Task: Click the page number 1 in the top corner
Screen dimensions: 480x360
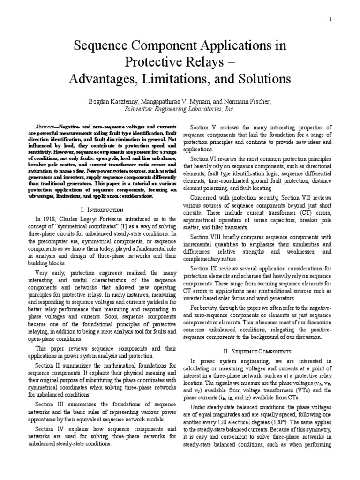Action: [x=330, y=19]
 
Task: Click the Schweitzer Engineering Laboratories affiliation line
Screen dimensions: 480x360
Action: [x=180, y=109]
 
